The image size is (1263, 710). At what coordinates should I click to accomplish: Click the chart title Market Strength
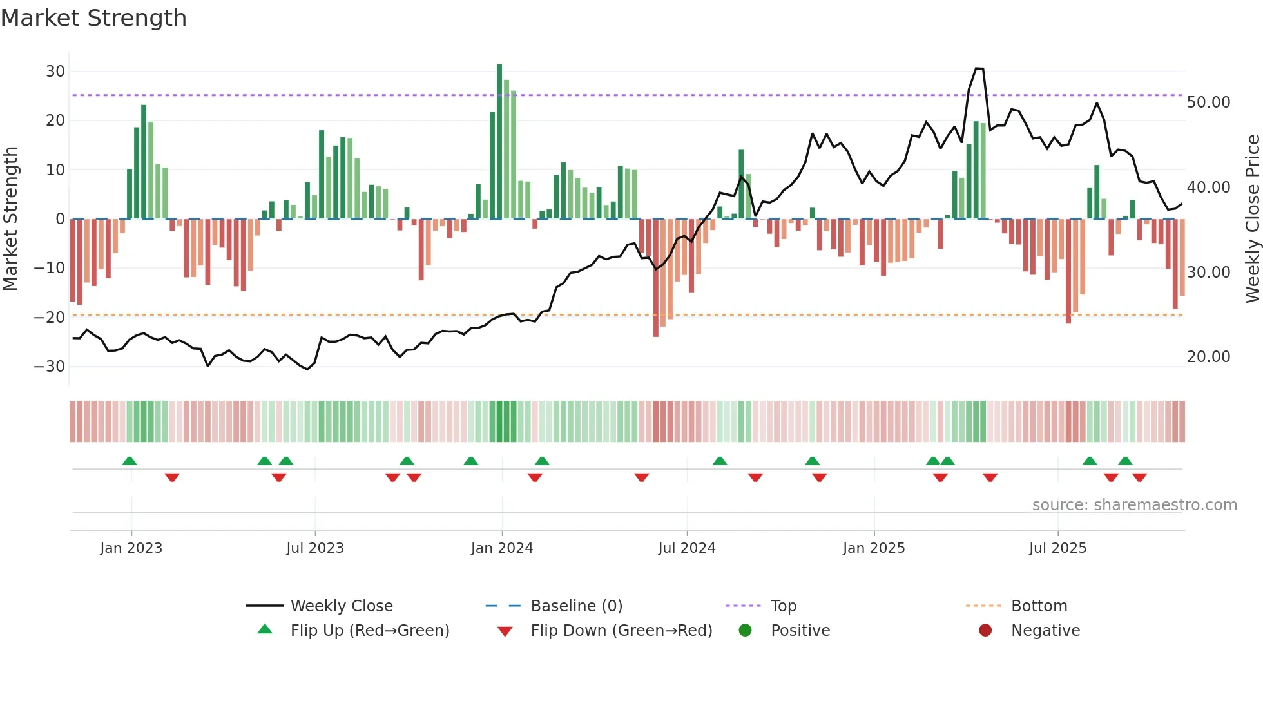point(93,18)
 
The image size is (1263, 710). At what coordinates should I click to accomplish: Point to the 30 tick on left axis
point(55,72)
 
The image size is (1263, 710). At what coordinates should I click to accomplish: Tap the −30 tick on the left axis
point(50,367)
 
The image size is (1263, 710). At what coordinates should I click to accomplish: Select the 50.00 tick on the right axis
point(1208,102)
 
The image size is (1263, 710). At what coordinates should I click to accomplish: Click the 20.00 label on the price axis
point(1208,357)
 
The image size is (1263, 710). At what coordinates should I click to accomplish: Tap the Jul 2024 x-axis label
point(686,548)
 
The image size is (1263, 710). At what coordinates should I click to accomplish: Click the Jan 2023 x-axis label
point(131,548)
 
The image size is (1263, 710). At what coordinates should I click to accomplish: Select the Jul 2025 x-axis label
point(1057,548)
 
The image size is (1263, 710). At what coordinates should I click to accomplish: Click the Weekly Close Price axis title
point(1252,219)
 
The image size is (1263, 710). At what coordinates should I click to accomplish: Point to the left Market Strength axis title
point(10,219)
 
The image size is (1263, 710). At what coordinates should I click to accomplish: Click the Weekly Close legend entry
point(341,606)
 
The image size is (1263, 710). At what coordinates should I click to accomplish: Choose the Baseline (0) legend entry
point(576,606)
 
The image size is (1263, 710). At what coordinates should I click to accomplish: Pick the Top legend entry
point(784,606)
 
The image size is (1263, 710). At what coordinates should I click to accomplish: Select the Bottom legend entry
point(1039,606)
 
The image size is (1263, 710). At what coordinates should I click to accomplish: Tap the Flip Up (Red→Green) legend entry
point(369,631)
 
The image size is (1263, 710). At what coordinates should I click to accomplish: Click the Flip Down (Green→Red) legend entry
point(621,631)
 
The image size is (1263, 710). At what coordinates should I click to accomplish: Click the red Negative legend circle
point(985,631)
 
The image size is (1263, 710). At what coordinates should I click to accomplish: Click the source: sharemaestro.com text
point(1134,505)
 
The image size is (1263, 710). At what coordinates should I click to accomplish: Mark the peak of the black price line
point(979,68)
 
